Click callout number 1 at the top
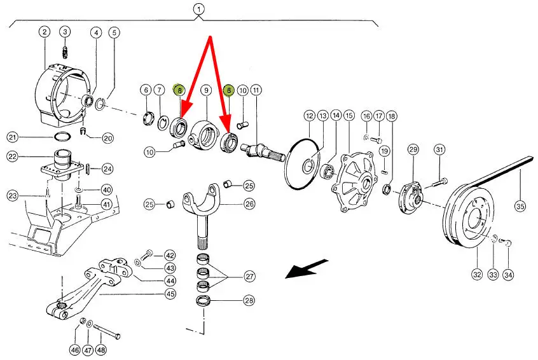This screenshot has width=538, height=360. [x=198, y=10]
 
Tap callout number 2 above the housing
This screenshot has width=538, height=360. [x=45, y=32]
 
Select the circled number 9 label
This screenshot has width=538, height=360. [x=206, y=90]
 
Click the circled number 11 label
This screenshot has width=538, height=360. [x=256, y=90]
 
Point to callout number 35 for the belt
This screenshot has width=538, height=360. [x=520, y=206]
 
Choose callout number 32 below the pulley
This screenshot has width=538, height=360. [x=478, y=274]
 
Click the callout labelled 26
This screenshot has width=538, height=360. [x=249, y=204]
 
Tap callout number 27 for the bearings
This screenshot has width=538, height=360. [x=249, y=276]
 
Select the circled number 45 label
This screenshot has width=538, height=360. [x=170, y=294]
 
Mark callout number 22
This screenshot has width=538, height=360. [x=12, y=156]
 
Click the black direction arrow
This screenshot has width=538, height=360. [x=307, y=268]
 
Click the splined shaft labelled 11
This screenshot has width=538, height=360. [x=263, y=151]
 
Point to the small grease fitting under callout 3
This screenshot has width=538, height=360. [x=65, y=53]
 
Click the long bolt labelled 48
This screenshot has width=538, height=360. [x=107, y=332]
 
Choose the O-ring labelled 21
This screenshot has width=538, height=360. [x=63, y=137]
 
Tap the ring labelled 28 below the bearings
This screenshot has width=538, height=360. [x=203, y=301]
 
